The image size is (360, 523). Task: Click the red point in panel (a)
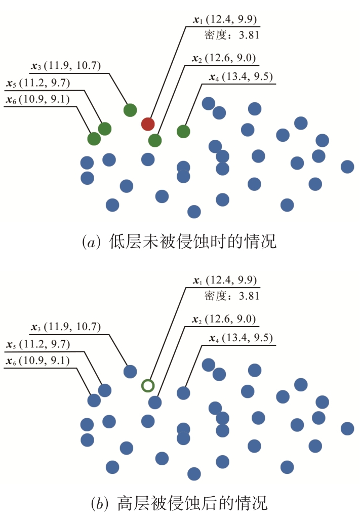point(148,124)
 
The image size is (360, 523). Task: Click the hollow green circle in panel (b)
point(148,386)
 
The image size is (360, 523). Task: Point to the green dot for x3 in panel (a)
point(130,110)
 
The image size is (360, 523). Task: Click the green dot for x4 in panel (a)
point(183,132)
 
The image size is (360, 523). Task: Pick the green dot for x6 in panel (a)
point(94,138)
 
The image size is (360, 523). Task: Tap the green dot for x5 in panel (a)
point(105,129)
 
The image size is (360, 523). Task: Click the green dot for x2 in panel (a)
point(155,140)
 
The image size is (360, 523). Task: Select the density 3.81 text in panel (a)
point(231,35)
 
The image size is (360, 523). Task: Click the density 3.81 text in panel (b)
point(231,296)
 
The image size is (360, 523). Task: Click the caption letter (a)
point(91,242)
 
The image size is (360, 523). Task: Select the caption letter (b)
point(99,503)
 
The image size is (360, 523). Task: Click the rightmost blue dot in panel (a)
point(347,167)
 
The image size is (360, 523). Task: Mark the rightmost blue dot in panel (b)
point(347,429)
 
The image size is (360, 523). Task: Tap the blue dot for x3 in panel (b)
point(130,371)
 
